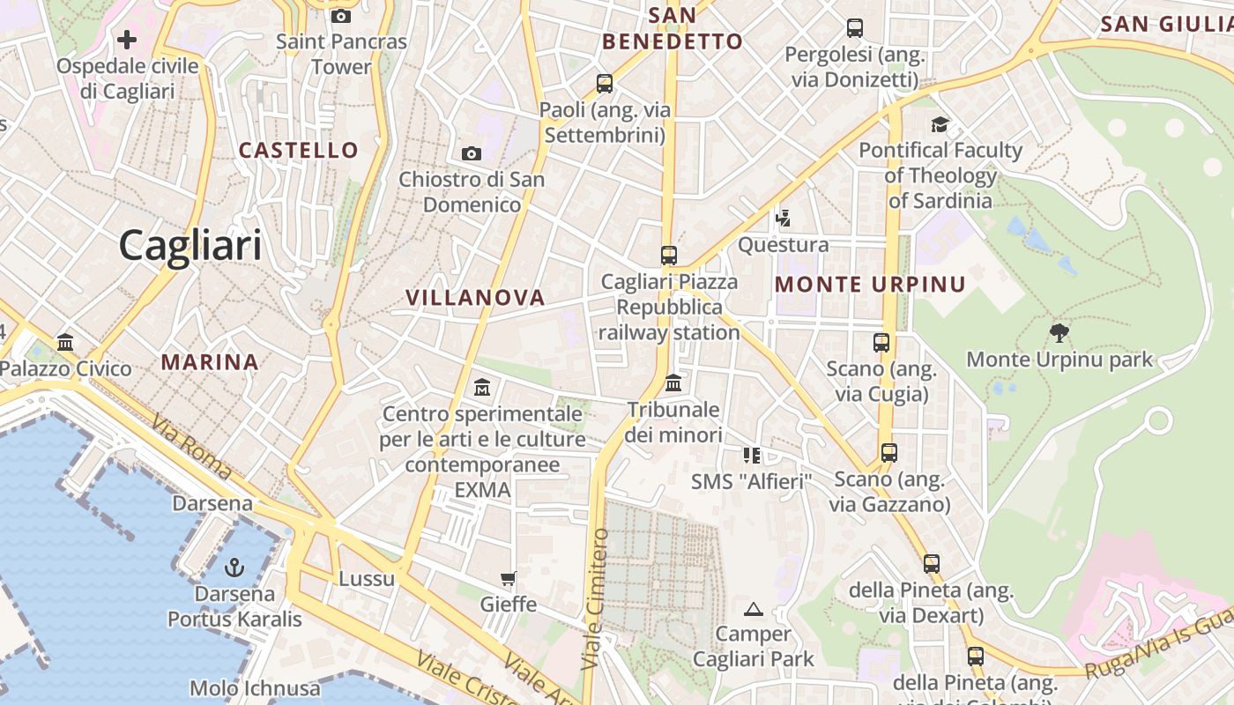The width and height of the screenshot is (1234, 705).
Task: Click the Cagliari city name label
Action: (190, 245)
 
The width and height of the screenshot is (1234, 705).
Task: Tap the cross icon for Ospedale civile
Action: (127, 40)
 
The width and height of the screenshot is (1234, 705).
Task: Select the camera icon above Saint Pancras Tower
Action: (341, 16)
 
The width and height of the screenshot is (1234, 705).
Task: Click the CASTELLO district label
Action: (299, 151)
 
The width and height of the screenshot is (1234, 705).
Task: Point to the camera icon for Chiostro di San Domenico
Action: (472, 154)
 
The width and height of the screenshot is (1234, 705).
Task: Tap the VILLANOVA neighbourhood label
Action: (475, 298)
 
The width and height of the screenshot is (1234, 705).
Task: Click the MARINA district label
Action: (210, 362)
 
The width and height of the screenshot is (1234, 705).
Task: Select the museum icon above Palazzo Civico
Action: (65, 342)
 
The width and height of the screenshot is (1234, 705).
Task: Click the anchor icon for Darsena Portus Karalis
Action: (234, 567)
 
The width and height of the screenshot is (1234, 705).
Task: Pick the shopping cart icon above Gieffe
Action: (508, 579)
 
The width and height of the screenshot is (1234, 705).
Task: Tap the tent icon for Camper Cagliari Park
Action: (753, 609)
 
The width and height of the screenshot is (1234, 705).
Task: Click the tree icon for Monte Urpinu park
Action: (1059, 333)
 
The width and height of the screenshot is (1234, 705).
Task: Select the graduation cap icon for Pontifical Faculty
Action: (940, 124)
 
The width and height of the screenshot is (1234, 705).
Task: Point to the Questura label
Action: (783, 245)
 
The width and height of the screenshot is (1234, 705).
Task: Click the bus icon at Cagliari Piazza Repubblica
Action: (669, 256)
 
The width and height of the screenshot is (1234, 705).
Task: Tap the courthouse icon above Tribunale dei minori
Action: (673, 383)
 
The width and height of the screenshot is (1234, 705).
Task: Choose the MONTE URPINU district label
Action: (870, 285)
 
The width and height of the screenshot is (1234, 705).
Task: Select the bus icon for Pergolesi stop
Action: (855, 28)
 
